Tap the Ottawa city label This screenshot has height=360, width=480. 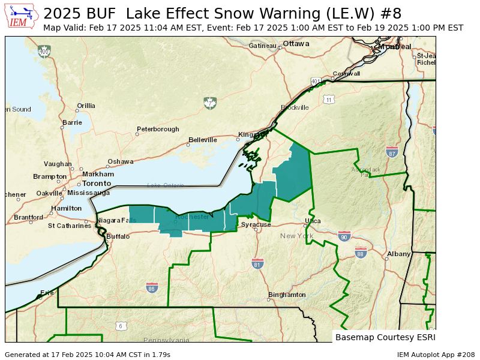pos(296,44)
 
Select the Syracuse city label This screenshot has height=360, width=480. pos(256,224)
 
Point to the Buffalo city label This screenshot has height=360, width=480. pos(118,236)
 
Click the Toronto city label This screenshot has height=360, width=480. pos(97,183)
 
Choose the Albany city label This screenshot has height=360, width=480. pos(398,254)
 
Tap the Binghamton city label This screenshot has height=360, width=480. pos(287,295)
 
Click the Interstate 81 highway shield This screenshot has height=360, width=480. pos(257,263)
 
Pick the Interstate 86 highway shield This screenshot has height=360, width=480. pos(152,288)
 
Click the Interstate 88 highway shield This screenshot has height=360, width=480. pos(361,253)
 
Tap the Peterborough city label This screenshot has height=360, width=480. pos(158,129)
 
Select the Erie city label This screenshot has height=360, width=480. pos(47,293)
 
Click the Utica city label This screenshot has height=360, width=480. pos(313,221)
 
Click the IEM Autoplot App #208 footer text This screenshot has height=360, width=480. pos(436,355)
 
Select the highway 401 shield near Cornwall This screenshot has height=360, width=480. pos(316,81)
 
